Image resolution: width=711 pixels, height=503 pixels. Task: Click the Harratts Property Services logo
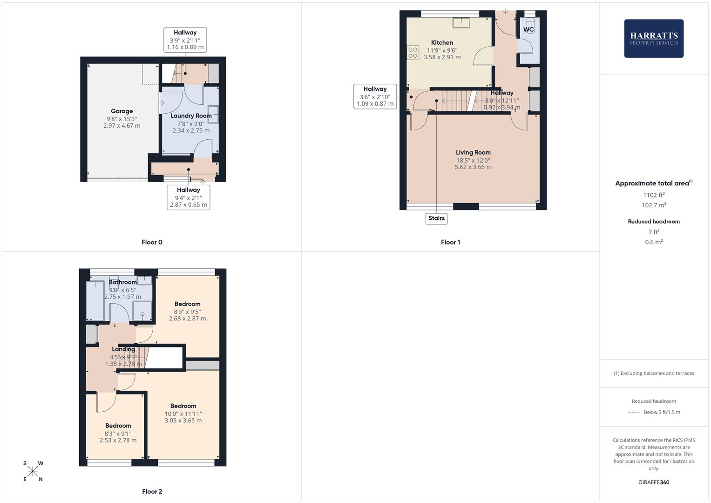click(x=653, y=39)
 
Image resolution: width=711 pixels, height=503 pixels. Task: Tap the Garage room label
click(x=122, y=111)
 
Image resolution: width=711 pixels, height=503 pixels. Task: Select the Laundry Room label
click(x=191, y=116)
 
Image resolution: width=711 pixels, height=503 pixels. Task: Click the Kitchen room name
click(x=442, y=43)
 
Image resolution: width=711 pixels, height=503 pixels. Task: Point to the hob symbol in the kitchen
click(x=413, y=53)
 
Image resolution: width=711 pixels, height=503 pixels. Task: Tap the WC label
click(x=528, y=30)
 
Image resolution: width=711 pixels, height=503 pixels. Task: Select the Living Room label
click(x=473, y=153)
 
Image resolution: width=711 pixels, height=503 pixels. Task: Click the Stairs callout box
click(x=436, y=218)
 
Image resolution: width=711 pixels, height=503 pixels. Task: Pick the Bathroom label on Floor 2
click(x=122, y=282)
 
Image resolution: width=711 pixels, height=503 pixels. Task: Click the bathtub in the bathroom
click(x=95, y=300)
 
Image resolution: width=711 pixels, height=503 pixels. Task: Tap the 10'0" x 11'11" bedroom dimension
click(x=183, y=414)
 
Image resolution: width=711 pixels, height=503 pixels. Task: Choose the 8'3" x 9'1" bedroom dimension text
click(x=118, y=433)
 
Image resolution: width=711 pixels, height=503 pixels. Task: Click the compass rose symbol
click(x=33, y=471)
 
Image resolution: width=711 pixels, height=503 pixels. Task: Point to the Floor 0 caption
click(x=152, y=242)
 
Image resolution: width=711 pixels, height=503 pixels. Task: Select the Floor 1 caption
click(x=450, y=242)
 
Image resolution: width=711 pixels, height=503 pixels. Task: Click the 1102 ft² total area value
click(x=654, y=195)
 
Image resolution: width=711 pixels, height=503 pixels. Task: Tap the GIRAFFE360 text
click(x=654, y=483)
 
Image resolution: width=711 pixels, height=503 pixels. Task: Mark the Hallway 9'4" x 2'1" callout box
click(x=189, y=197)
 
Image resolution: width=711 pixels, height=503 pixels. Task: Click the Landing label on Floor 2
click(x=123, y=349)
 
